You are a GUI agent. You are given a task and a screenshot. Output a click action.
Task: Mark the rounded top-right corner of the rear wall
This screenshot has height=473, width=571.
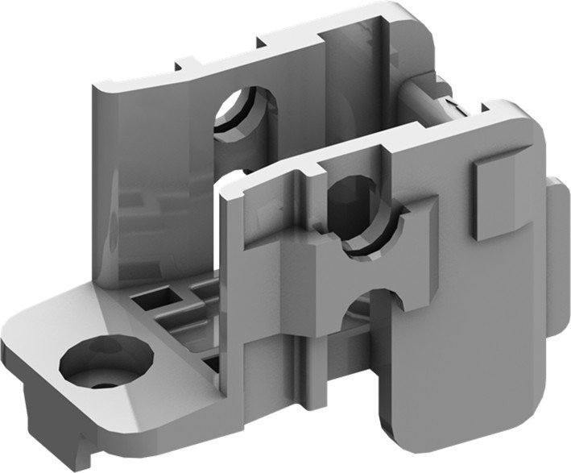419,19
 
